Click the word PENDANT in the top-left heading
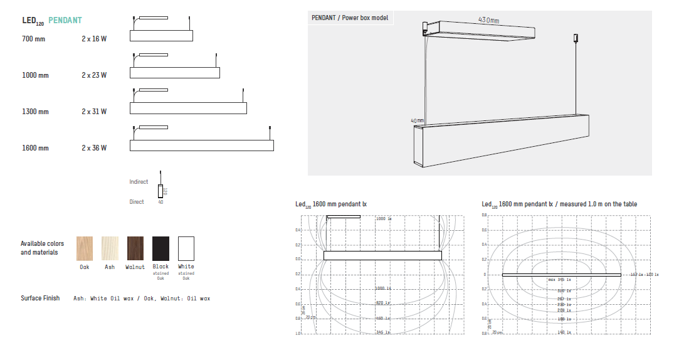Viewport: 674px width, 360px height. click(65, 20)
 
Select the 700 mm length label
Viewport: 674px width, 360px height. click(34, 39)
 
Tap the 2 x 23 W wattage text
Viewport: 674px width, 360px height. click(94, 75)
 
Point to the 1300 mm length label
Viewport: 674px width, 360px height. click(35, 112)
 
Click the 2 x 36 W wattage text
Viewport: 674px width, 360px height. click(94, 148)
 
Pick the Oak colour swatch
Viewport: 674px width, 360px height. click(85, 249)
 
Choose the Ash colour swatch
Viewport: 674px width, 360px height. click(110, 249)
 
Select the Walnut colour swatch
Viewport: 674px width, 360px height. click(135, 249)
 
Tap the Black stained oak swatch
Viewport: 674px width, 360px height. click(161, 249)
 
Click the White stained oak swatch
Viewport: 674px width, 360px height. click(186, 249)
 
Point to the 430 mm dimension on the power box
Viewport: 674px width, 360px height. click(488, 21)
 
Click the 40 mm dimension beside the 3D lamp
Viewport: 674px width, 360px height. click(417, 120)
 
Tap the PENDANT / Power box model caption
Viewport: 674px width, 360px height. click(350, 18)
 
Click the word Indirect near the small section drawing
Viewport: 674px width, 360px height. click(139, 182)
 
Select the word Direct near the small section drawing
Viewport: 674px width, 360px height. click(137, 202)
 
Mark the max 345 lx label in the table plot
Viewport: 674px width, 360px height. click(559, 279)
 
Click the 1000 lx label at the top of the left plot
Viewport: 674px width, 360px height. click(384, 219)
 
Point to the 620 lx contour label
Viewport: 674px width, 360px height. click(384, 303)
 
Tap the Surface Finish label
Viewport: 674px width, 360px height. click(40, 298)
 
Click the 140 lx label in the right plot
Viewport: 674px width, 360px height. click(564, 332)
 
